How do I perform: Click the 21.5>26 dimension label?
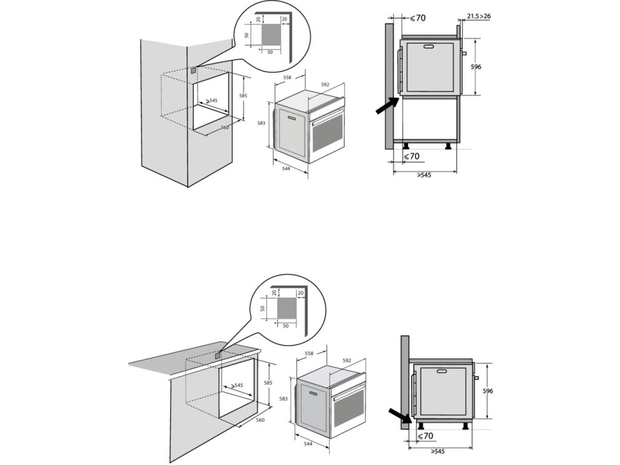coord(479,16)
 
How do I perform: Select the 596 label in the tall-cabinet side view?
coord(476,67)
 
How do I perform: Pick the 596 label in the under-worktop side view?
coord(487,391)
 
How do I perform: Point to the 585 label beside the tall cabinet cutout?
coord(243,96)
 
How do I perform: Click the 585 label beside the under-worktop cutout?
coord(269,383)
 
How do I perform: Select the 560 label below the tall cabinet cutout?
coord(225,128)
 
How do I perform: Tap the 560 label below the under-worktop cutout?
coord(260,420)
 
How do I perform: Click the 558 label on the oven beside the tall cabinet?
coord(287,77)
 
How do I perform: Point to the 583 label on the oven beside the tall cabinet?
coord(262,123)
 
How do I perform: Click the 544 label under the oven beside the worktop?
coord(309,444)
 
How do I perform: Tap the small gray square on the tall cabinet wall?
coord(193,70)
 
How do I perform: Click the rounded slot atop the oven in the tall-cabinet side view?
coord(429,47)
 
